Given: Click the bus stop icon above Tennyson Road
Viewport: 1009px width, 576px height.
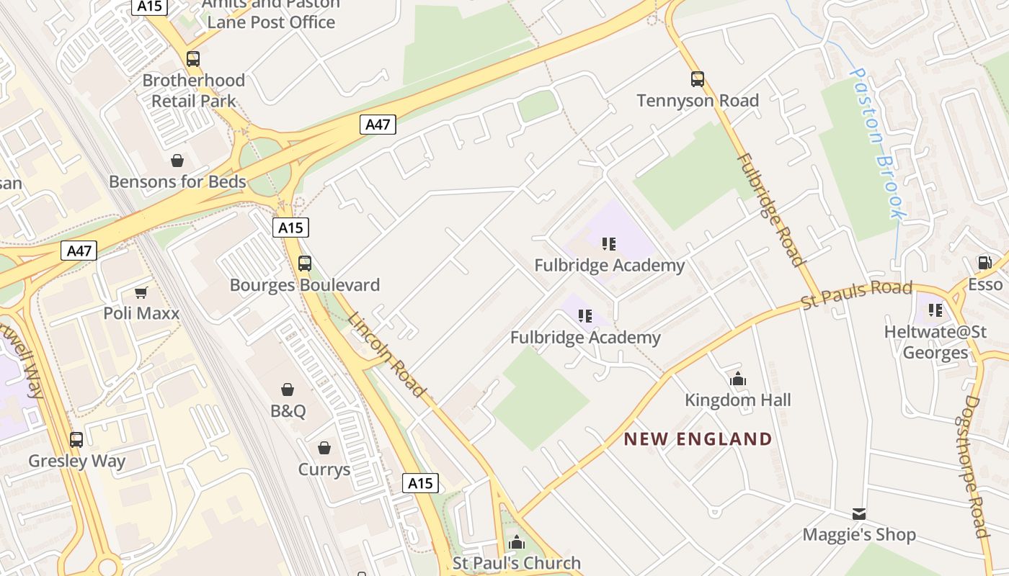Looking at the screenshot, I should click(x=697, y=79).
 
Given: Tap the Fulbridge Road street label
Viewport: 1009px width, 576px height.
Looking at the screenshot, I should click(x=770, y=209).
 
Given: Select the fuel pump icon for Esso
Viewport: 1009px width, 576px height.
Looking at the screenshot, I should click(x=984, y=263).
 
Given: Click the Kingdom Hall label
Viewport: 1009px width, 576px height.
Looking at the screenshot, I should click(x=737, y=400).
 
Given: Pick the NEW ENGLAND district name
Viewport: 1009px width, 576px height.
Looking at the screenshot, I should click(x=698, y=439).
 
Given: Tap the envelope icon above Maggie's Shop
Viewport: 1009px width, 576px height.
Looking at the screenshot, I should click(x=858, y=514).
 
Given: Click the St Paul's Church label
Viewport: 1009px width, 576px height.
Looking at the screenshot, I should click(x=516, y=563).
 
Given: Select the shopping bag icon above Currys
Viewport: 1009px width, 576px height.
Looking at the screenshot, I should click(x=324, y=448).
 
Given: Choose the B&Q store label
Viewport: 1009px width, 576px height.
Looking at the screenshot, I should click(x=288, y=411).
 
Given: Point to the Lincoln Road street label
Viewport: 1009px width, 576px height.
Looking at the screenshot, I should click(x=386, y=354).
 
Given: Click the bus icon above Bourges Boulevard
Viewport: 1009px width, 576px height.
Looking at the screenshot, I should click(x=305, y=264).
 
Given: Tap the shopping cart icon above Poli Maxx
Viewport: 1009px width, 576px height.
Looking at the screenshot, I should click(x=141, y=292).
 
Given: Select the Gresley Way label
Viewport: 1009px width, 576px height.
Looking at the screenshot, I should click(x=76, y=461).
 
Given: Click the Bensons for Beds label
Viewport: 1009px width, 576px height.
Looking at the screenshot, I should click(x=177, y=181).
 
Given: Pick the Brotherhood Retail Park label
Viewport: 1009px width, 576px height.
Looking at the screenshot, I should click(x=193, y=90).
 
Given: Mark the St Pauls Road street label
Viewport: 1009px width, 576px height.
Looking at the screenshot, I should click(x=858, y=295).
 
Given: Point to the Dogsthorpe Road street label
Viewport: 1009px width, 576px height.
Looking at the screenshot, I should click(x=973, y=466).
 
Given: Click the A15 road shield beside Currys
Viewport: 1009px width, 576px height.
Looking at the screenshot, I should click(x=420, y=482).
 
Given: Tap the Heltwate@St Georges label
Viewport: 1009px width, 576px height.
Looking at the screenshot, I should click(x=935, y=342).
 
